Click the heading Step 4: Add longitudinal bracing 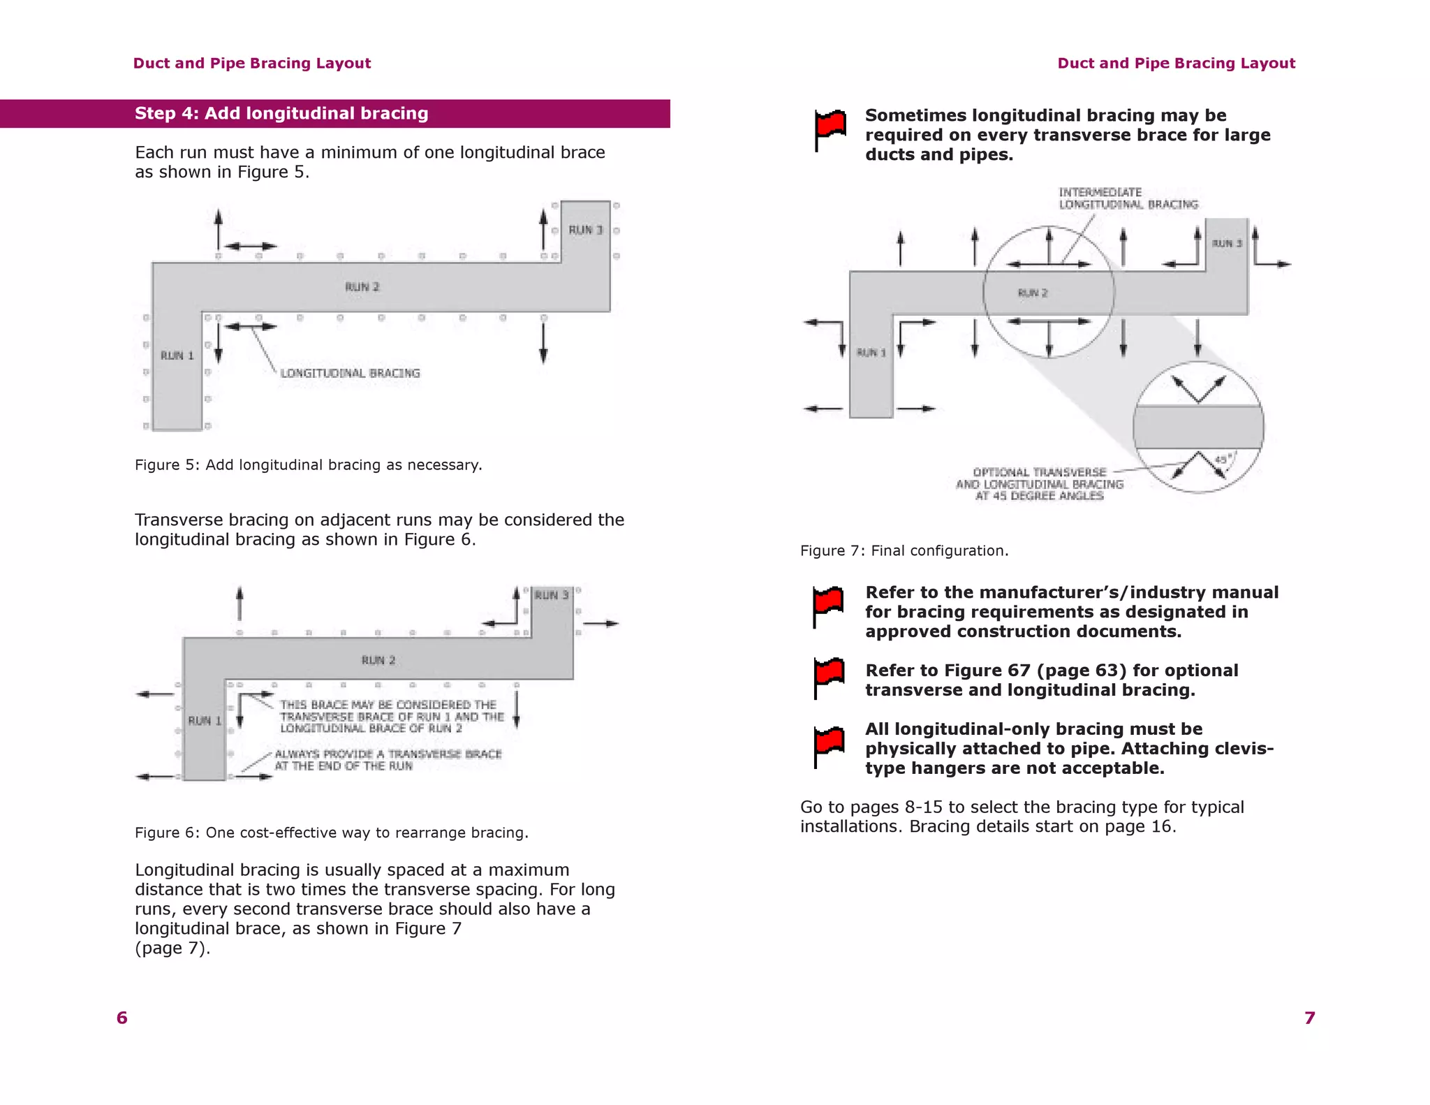(x=281, y=113)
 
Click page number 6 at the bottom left (x=122, y=1018)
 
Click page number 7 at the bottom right (x=1310, y=1018)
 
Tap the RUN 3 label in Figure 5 (x=585, y=230)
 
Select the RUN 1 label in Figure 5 (x=177, y=356)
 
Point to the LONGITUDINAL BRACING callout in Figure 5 (x=350, y=373)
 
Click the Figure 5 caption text (x=308, y=465)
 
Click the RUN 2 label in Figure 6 (x=378, y=660)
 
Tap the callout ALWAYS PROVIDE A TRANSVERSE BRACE (x=388, y=760)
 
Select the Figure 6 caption (x=331, y=833)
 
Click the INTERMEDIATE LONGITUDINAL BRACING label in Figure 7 (x=1127, y=198)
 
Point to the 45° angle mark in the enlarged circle (x=1223, y=460)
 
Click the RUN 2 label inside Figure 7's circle (x=1033, y=293)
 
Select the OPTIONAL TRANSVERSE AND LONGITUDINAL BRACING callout (x=1039, y=484)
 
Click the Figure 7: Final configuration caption (x=904, y=550)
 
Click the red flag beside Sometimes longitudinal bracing (x=830, y=129)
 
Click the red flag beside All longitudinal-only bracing (x=829, y=745)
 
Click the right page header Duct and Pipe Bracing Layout (x=1176, y=64)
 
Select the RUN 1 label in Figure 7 (x=871, y=353)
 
